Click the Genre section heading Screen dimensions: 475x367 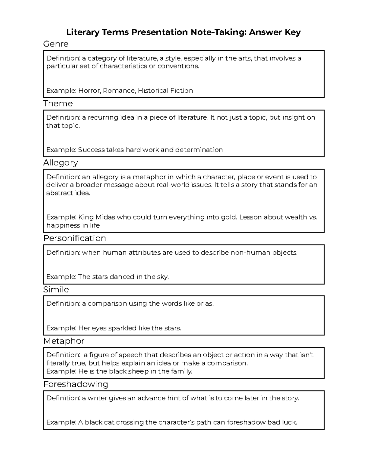[x=56, y=44]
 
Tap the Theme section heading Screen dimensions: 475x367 [x=58, y=103]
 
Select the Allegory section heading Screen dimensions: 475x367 [x=61, y=163]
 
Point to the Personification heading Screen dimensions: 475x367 [x=74, y=238]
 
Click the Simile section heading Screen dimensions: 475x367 [x=56, y=290]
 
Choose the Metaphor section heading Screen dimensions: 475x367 [x=64, y=341]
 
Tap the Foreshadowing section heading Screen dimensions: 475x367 [x=76, y=384]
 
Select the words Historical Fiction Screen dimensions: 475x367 [x=165, y=91]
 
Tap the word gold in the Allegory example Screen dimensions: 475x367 [x=229, y=217]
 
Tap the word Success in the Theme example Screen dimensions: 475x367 [x=91, y=150]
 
